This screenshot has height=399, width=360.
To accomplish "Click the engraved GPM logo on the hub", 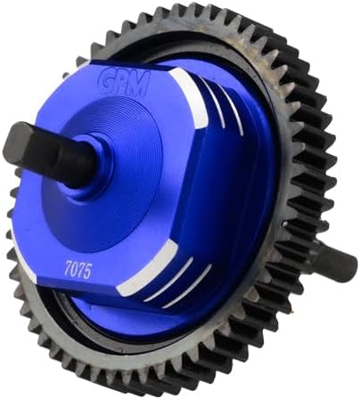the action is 126,82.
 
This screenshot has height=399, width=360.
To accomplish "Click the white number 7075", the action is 78,270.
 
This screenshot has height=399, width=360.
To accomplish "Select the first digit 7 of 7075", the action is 68,268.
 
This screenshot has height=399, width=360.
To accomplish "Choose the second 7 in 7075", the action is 81,271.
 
